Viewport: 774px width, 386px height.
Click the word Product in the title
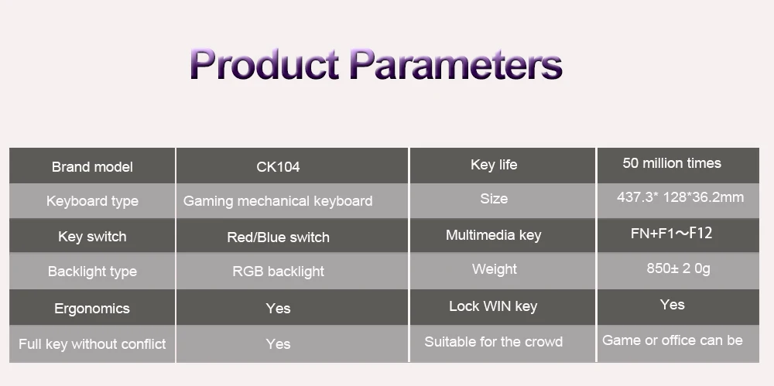(x=264, y=63)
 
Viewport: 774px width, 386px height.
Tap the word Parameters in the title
(x=456, y=63)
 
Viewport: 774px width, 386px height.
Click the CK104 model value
(x=278, y=167)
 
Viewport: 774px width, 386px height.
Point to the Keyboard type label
(x=92, y=201)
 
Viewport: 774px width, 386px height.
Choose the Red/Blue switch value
(x=278, y=237)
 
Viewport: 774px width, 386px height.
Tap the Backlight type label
(x=92, y=272)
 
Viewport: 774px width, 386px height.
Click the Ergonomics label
(x=92, y=309)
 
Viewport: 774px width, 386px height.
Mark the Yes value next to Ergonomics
(x=278, y=309)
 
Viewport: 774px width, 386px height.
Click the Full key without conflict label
(x=92, y=344)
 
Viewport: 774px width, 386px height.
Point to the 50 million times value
(x=672, y=163)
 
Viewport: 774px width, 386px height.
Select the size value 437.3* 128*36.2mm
(x=680, y=197)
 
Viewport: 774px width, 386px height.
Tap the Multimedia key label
(x=494, y=235)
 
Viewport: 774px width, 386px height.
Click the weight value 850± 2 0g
(x=678, y=268)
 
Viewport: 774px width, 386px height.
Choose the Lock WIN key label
(x=493, y=306)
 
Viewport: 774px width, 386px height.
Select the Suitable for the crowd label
(x=494, y=342)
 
